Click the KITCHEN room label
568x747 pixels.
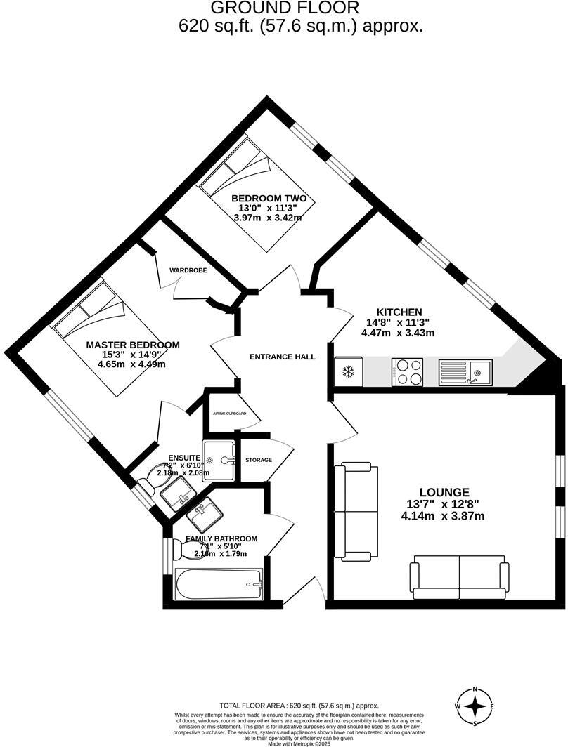pyautogui.click(x=399, y=312)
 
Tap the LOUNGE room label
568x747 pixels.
pyautogui.click(x=443, y=492)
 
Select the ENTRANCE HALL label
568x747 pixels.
pyautogui.click(x=283, y=357)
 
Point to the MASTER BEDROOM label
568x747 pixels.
pyautogui.click(x=133, y=345)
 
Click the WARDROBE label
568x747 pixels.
pyautogui.click(x=188, y=270)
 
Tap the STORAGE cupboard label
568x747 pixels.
pyautogui.click(x=259, y=460)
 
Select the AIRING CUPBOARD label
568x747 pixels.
pyautogui.click(x=230, y=414)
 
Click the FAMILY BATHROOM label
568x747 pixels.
pyautogui.click(x=221, y=538)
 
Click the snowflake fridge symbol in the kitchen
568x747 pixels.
pyautogui.click(x=348, y=371)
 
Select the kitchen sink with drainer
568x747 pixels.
pyautogui.click(x=465, y=372)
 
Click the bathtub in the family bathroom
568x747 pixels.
pyautogui.click(x=218, y=584)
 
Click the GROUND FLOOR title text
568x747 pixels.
pyautogui.click(x=285, y=8)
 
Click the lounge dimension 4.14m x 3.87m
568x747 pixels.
pyautogui.click(x=443, y=515)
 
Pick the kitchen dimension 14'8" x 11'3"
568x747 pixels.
pyautogui.click(x=399, y=322)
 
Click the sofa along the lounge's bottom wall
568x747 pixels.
pyautogui.click(x=460, y=578)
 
